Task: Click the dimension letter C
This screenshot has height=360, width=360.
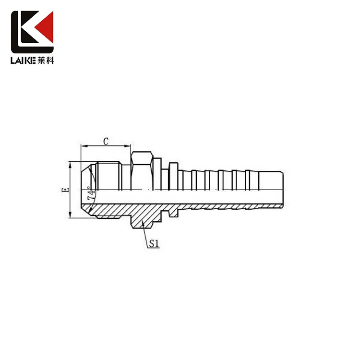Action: click(106, 141)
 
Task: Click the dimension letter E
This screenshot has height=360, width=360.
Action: click(66, 190)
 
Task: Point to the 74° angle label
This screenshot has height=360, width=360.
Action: click(90, 195)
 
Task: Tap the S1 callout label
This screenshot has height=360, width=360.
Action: click(154, 244)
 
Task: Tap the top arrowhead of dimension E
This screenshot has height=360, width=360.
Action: click(70, 163)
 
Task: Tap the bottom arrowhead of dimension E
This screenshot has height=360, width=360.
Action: click(70, 216)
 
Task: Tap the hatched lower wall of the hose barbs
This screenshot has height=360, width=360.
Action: click(226, 207)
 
